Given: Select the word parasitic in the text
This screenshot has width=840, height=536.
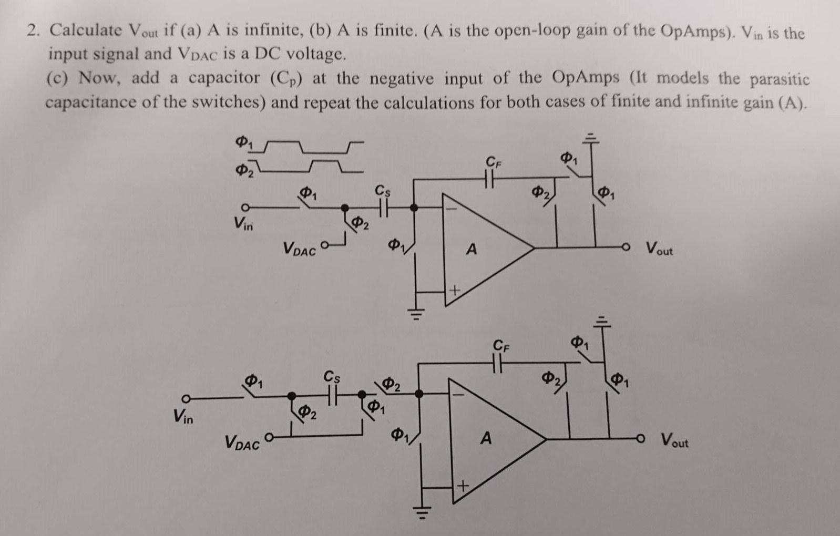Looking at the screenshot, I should (x=779, y=79).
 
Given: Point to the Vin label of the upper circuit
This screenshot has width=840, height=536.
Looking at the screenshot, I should (x=243, y=225).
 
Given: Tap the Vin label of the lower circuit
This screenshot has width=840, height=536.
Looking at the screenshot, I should (x=183, y=418).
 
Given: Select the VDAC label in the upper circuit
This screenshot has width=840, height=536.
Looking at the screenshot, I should (x=300, y=249).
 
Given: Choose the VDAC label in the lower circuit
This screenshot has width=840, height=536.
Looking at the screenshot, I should (x=242, y=443).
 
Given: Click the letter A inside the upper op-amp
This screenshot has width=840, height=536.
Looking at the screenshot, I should (x=472, y=249).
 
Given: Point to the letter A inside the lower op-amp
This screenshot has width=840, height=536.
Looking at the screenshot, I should (x=486, y=438).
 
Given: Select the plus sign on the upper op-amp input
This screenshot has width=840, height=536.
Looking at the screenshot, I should (x=454, y=290).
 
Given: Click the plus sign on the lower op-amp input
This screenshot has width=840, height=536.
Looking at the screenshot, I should (x=462, y=487).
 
